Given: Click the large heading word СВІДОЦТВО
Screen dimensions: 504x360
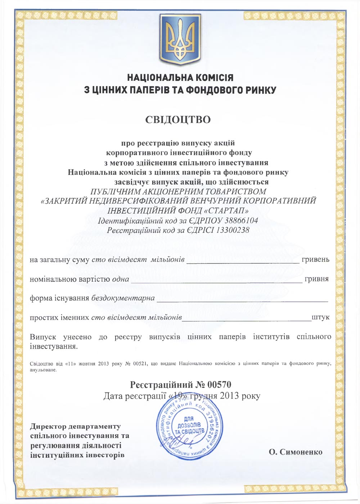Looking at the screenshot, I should click(x=178, y=119).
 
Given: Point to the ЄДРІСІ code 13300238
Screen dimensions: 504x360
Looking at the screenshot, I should click(x=233, y=230).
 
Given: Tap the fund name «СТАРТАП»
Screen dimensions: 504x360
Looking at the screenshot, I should click(x=228, y=210).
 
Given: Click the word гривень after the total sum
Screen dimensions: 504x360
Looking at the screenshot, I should click(x=315, y=259).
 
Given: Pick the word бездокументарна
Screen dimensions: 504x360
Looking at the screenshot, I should click(x=123, y=298).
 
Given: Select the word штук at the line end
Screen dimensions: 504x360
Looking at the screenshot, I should click(x=320, y=318).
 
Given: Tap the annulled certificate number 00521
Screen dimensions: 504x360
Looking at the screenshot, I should click(x=140, y=364).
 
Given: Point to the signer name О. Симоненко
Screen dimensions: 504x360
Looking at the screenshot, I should click(x=296, y=452).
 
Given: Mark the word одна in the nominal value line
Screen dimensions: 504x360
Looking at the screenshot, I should click(x=121, y=279).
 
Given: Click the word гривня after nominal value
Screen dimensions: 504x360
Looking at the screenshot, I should click(x=316, y=279).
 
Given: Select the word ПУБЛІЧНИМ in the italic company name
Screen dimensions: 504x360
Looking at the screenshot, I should click(x=115, y=191).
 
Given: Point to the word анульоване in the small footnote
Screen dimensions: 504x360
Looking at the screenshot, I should click(x=43, y=370).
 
